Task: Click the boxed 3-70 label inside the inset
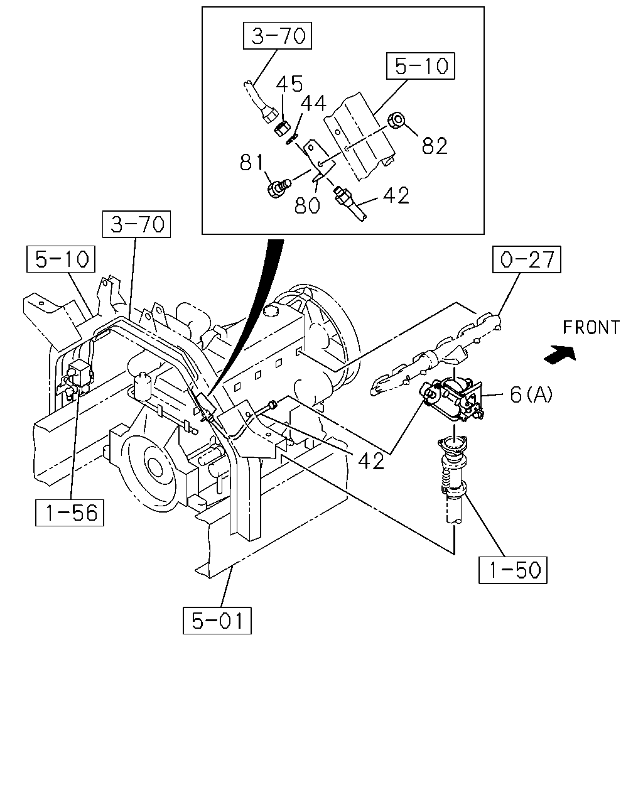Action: [x=277, y=36]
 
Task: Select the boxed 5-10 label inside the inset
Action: [x=420, y=66]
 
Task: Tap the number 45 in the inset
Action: [x=289, y=84]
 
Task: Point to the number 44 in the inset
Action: [x=313, y=103]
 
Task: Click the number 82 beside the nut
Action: [x=435, y=146]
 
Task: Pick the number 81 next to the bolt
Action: [x=251, y=163]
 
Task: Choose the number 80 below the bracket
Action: [x=307, y=205]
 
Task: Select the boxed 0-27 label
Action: [x=526, y=259]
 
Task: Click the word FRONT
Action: [x=591, y=328]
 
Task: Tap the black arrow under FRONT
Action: [x=559, y=354]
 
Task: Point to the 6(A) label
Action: [x=531, y=394]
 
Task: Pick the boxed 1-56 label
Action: [x=70, y=513]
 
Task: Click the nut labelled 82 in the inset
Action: [x=397, y=121]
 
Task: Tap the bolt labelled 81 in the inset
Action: [x=279, y=188]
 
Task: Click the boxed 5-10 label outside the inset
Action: [x=61, y=259]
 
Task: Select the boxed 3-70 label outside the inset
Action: [x=136, y=224]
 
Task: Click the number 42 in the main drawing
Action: [x=371, y=461]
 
